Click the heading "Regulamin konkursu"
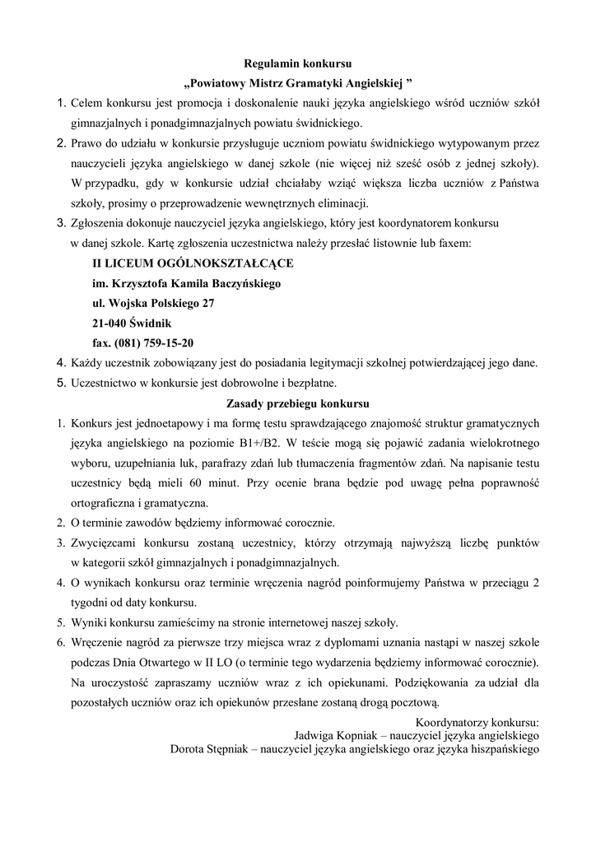click(298, 63)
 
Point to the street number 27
click(208, 303)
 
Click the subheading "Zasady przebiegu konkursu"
click(298, 403)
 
